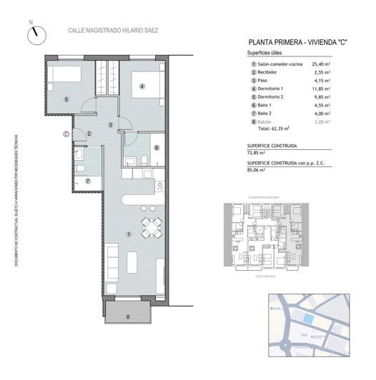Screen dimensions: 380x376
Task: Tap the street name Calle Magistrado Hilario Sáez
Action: point(112,31)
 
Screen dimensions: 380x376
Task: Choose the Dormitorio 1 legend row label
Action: point(274,89)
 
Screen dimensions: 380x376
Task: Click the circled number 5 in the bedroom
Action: point(66,99)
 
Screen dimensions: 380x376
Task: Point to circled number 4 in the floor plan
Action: point(142,87)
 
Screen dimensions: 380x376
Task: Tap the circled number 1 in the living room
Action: point(128,234)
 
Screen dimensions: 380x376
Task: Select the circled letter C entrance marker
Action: point(66,132)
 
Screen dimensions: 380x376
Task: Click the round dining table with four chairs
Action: point(151,227)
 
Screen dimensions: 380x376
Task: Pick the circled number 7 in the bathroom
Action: point(88,181)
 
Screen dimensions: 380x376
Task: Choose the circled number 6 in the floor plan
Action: point(156,148)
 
